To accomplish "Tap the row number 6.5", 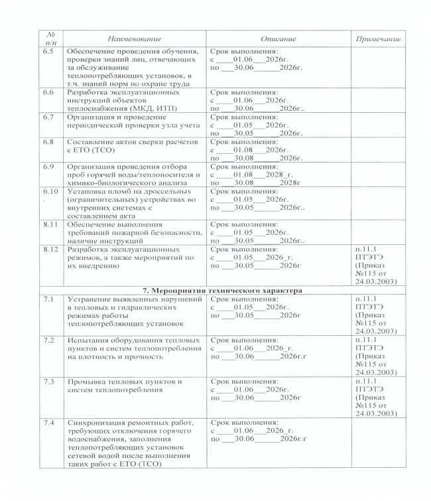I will pyautogui.click(x=48, y=52).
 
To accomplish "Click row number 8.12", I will pyautogui.click(x=50, y=249).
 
